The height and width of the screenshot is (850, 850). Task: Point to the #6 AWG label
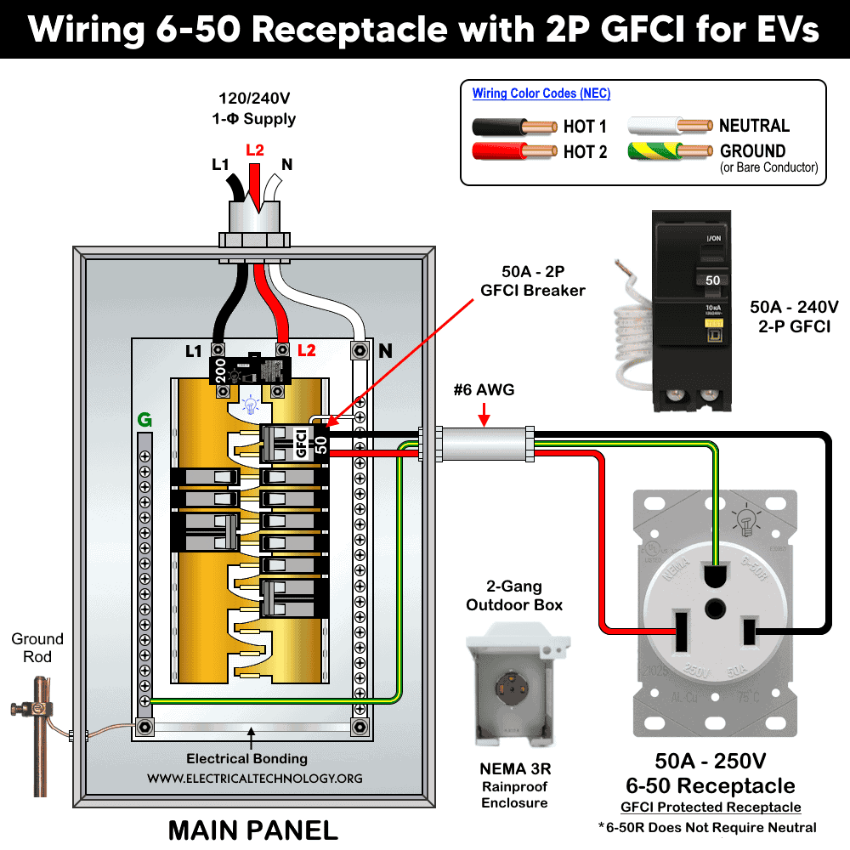[484, 390]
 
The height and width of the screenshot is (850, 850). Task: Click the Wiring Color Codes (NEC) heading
[541, 93]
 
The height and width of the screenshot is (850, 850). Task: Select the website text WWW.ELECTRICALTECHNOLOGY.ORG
[254, 779]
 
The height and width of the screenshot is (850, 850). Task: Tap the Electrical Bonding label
[247, 758]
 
